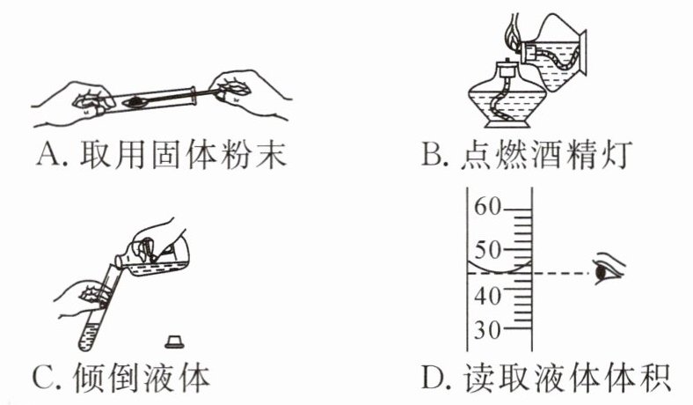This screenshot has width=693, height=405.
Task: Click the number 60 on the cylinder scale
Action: pos(486,208)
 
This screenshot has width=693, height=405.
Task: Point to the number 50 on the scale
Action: pos(486,249)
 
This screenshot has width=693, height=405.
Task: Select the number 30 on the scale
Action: pos(486,332)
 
